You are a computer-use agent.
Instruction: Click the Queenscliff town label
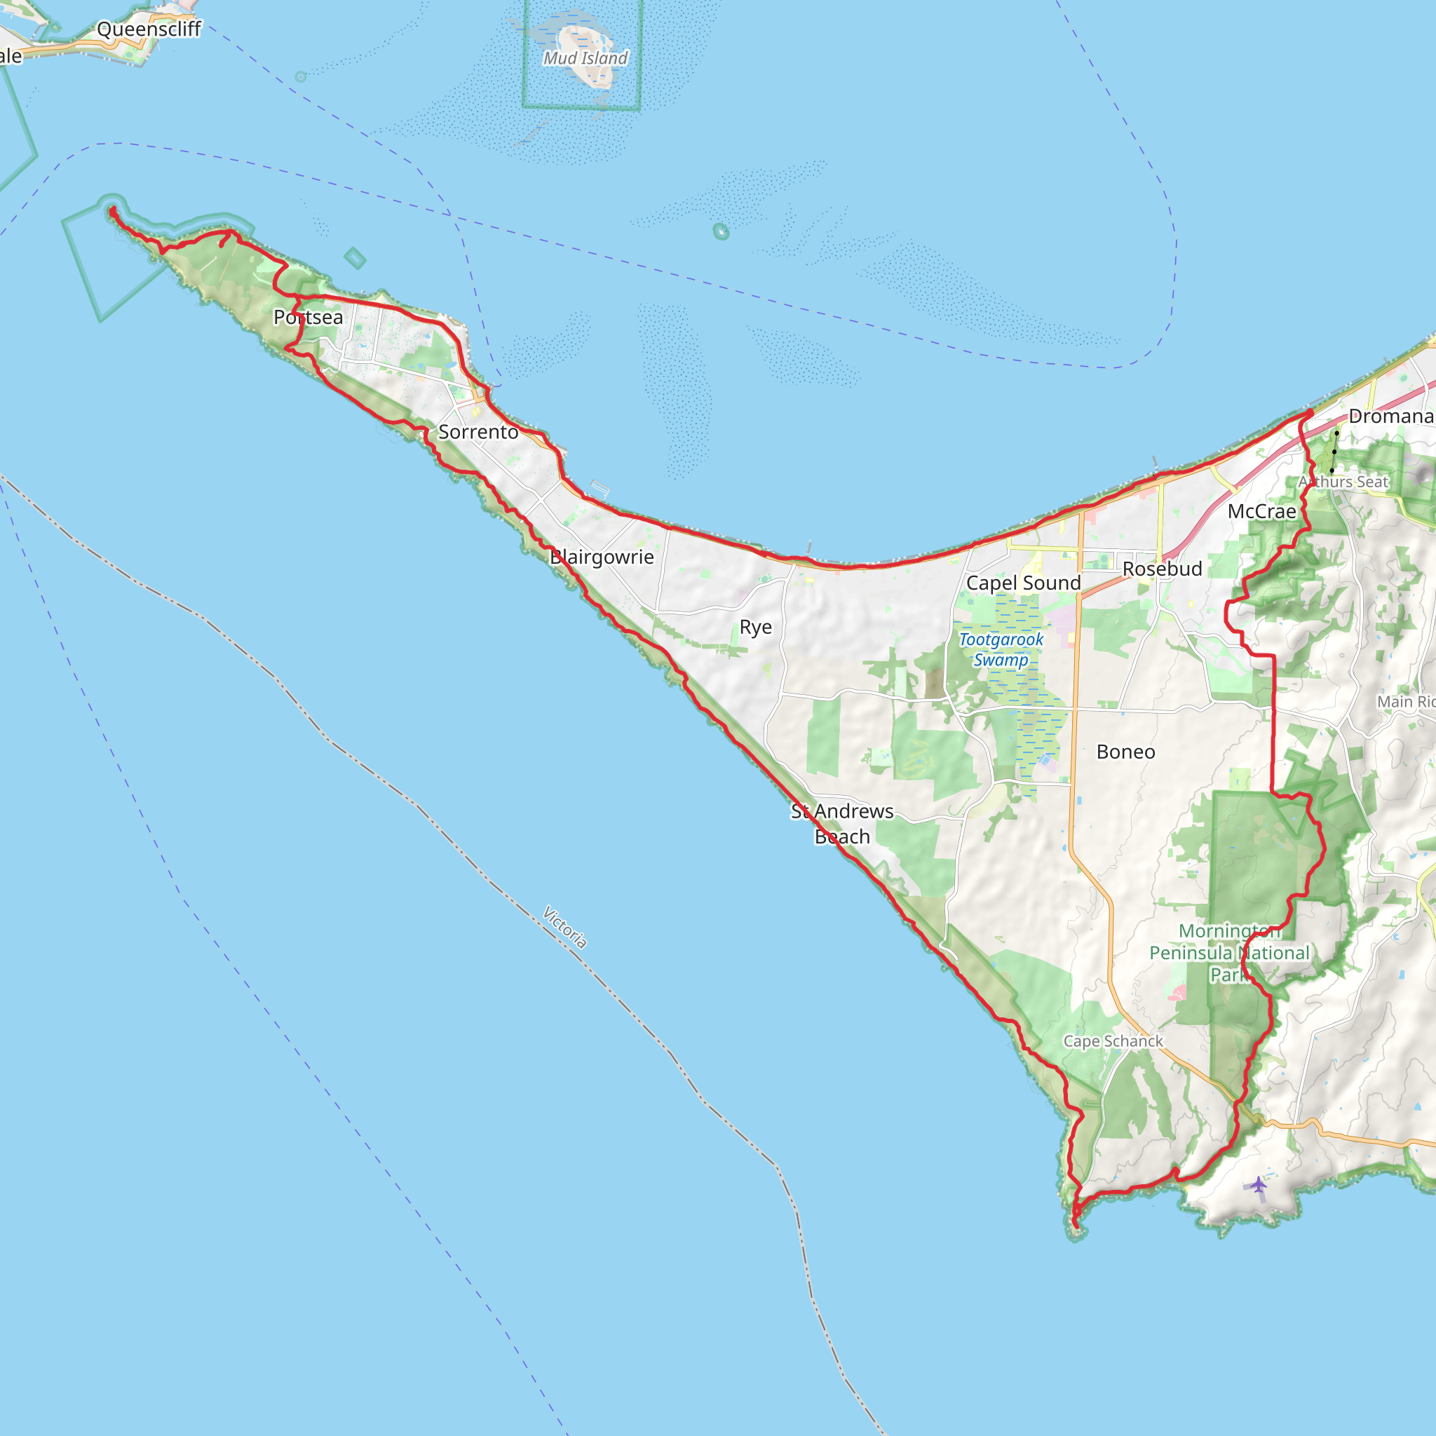pos(149,29)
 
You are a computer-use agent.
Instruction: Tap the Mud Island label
pos(585,58)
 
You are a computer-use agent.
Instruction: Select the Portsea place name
pos(309,318)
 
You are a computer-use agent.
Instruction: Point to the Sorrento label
pos(478,432)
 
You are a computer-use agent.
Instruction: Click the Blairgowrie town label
pos(602,557)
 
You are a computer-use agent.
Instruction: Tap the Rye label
pos(756,628)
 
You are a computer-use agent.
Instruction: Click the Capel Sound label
pos(1024,583)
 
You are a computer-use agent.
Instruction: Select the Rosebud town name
pos(1163,569)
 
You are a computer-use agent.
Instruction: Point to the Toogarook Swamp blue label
pos(1001,649)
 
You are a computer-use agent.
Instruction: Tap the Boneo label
pos(1126,752)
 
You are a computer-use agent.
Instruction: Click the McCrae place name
pos(1262,511)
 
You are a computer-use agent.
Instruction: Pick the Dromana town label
pos(1390,416)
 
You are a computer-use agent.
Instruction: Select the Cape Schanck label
pos(1113,1041)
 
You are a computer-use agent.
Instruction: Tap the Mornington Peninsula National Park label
pos(1229,952)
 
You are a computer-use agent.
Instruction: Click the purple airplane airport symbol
pos(1258,1185)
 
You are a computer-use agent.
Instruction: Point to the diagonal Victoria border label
pos(565,927)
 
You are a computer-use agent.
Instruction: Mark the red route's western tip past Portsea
pos(112,211)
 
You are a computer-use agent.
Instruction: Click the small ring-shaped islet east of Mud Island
pos(720,231)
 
